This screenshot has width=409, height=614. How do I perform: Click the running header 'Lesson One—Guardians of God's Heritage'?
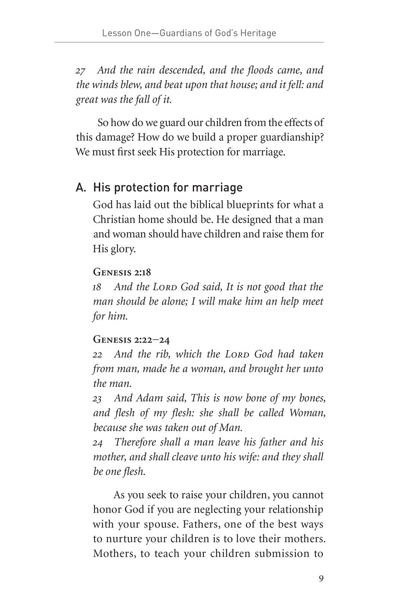[x=189, y=33]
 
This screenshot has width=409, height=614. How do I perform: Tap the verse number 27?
[x=81, y=71]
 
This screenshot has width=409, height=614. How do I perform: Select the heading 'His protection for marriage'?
[x=168, y=187]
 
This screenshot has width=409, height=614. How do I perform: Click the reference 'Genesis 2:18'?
[x=122, y=272]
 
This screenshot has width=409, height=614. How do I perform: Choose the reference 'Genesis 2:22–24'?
[x=131, y=340]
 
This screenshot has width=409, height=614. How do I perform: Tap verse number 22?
[x=97, y=354]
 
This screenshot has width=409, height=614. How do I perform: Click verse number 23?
[x=97, y=398]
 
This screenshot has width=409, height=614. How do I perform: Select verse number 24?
[x=98, y=442]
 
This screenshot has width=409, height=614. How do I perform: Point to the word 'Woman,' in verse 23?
[x=302, y=413]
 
